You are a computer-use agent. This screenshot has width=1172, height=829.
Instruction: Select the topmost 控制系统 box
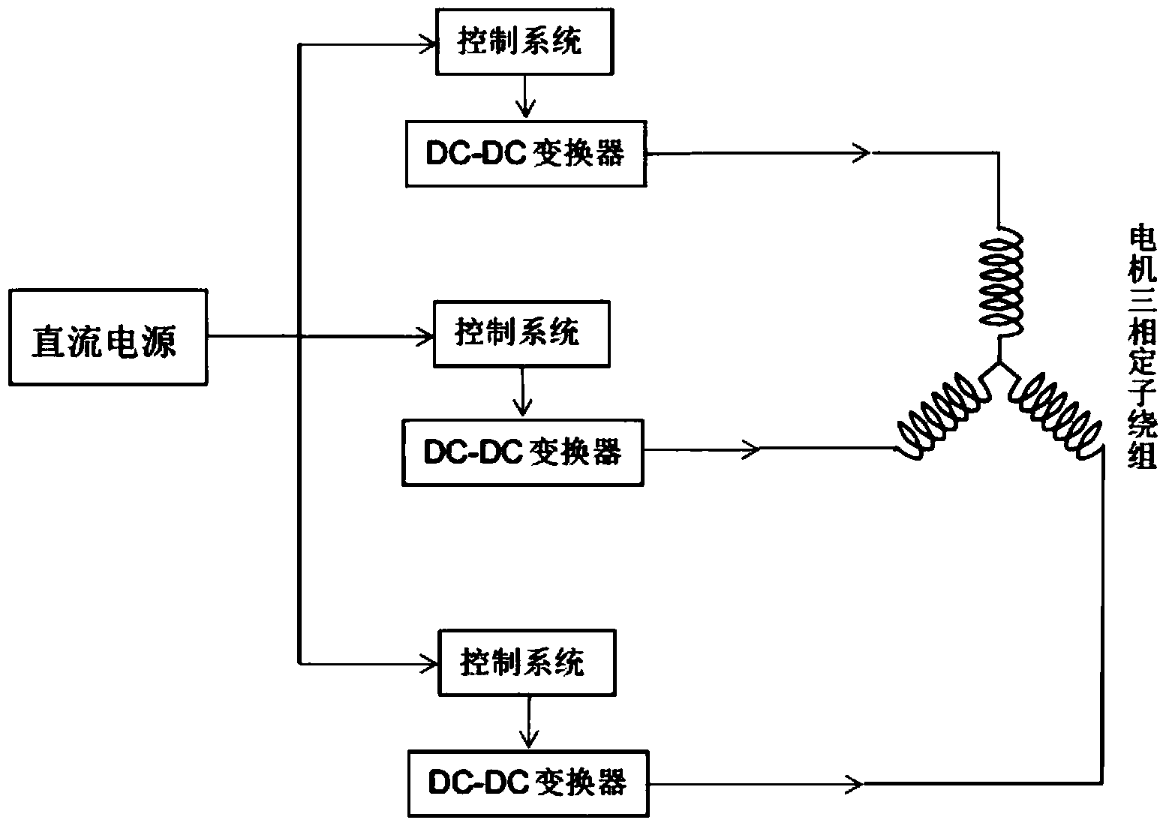point(524,43)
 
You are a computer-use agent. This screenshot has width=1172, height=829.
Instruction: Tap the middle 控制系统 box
point(521,333)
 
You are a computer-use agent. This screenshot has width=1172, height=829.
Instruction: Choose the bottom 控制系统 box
point(526,662)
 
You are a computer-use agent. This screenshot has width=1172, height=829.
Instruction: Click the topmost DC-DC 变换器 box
point(525,154)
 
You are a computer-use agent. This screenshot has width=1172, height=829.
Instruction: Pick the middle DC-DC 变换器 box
point(522,452)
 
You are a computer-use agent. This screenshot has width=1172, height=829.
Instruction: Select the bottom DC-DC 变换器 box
point(528,783)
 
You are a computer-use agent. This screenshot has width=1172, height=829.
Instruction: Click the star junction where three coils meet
point(998,365)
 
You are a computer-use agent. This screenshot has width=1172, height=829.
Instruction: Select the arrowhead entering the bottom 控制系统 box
point(432,662)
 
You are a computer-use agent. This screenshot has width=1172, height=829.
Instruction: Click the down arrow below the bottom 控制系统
point(530,738)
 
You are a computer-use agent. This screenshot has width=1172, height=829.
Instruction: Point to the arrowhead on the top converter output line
point(862,153)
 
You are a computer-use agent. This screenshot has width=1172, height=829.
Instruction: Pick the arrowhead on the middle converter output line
point(753,449)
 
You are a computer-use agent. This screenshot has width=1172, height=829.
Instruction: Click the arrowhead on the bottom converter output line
point(855,784)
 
